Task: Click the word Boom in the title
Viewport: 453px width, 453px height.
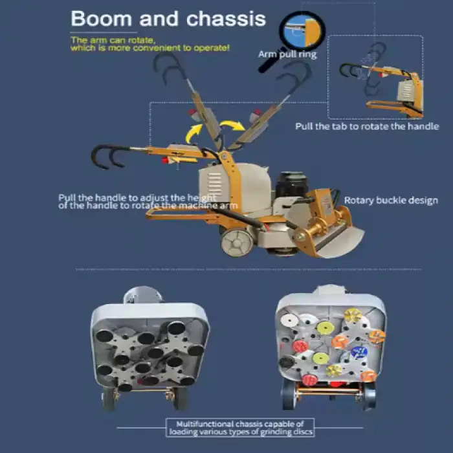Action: coord(102,19)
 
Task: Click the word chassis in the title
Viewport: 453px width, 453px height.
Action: coord(226,19)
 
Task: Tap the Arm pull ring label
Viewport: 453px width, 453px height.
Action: coord(287,54)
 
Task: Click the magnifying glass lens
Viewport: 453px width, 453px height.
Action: coord(302,31)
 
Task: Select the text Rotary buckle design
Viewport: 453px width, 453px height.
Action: coord(391,200)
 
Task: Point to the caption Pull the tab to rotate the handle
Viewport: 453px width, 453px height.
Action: coord(367,126)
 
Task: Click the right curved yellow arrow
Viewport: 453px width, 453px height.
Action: coord(232,126)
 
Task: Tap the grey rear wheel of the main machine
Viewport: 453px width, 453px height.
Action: coord(237,243)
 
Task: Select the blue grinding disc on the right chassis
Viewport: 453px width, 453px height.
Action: coord(359,353)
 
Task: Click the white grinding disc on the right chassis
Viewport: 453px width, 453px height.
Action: coord(289,320)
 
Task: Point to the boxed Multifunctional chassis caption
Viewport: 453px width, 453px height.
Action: coord(240,428)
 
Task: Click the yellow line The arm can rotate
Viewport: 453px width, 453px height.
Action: coord(113,40)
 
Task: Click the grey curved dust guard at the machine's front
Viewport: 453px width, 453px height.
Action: coord(341,242)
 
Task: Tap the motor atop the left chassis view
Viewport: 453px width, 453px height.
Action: coord(143,295)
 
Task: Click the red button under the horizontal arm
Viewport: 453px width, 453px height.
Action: coord(164,160)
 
